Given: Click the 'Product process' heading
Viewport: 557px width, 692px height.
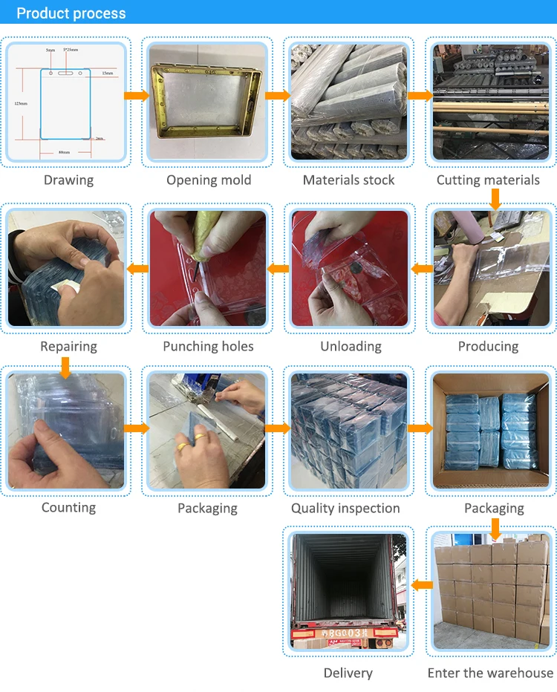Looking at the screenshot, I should [x=71, y=13].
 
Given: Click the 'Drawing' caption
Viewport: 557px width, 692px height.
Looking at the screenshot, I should [x=68, y=180].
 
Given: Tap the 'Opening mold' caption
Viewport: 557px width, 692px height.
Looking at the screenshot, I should [x=209, y=180].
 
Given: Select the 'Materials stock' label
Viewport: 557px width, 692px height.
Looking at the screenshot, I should [x=348, y=180].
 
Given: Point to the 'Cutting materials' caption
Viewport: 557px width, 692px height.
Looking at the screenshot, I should [x=488, y=180].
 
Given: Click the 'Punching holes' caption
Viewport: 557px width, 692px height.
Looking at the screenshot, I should [x=208, y=346].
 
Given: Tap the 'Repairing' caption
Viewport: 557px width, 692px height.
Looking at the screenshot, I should [x=68, y=346].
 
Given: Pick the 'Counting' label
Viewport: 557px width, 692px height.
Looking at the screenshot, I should [x=68, y=507].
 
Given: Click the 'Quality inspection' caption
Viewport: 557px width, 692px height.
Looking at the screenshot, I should [x=345, y=508].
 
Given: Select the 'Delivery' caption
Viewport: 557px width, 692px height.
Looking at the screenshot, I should [x=348, y=673].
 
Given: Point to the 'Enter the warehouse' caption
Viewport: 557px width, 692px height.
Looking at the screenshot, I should [x=490, y=673].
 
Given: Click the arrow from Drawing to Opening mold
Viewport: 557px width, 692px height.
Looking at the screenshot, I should [x=136, y=96].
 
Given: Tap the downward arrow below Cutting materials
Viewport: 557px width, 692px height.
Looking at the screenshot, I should [x=495, y=198].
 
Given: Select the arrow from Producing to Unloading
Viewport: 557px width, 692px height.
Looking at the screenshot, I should [x=421, y=267].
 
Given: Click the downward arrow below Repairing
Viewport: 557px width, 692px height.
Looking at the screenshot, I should [x=65, y=366].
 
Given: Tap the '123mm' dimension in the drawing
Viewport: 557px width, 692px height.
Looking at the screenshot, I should [x=22, y=103].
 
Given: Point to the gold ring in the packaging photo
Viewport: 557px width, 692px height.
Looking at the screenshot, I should [x=181, y=448].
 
